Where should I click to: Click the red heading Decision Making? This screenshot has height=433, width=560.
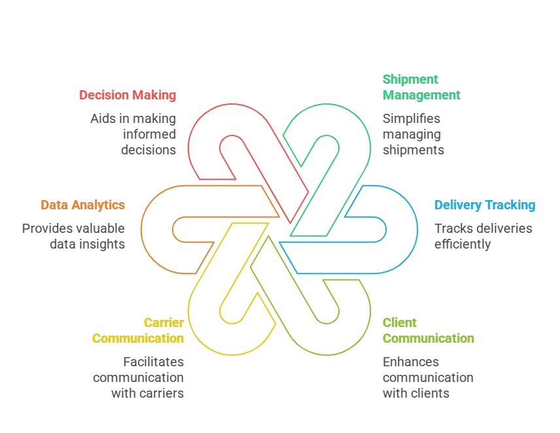128,95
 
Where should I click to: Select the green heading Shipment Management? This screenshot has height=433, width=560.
421,87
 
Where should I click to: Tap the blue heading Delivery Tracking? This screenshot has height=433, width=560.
485,205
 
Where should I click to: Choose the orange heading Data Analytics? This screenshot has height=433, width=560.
82,205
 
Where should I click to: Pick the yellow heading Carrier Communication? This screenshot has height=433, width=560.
138,330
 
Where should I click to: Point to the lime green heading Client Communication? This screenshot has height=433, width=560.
428,330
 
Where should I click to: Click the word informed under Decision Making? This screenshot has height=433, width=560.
149,134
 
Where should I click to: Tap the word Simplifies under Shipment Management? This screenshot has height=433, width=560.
411,118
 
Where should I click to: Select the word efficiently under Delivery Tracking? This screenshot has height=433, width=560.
463,244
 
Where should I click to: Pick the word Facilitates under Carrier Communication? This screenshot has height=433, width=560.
154,362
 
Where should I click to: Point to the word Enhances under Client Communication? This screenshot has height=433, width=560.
411,362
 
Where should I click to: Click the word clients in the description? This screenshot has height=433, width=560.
430,393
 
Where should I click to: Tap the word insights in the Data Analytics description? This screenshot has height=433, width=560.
103,244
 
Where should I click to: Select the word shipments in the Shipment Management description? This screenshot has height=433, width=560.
413,150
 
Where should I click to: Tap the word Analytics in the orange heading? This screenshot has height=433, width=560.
97,205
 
